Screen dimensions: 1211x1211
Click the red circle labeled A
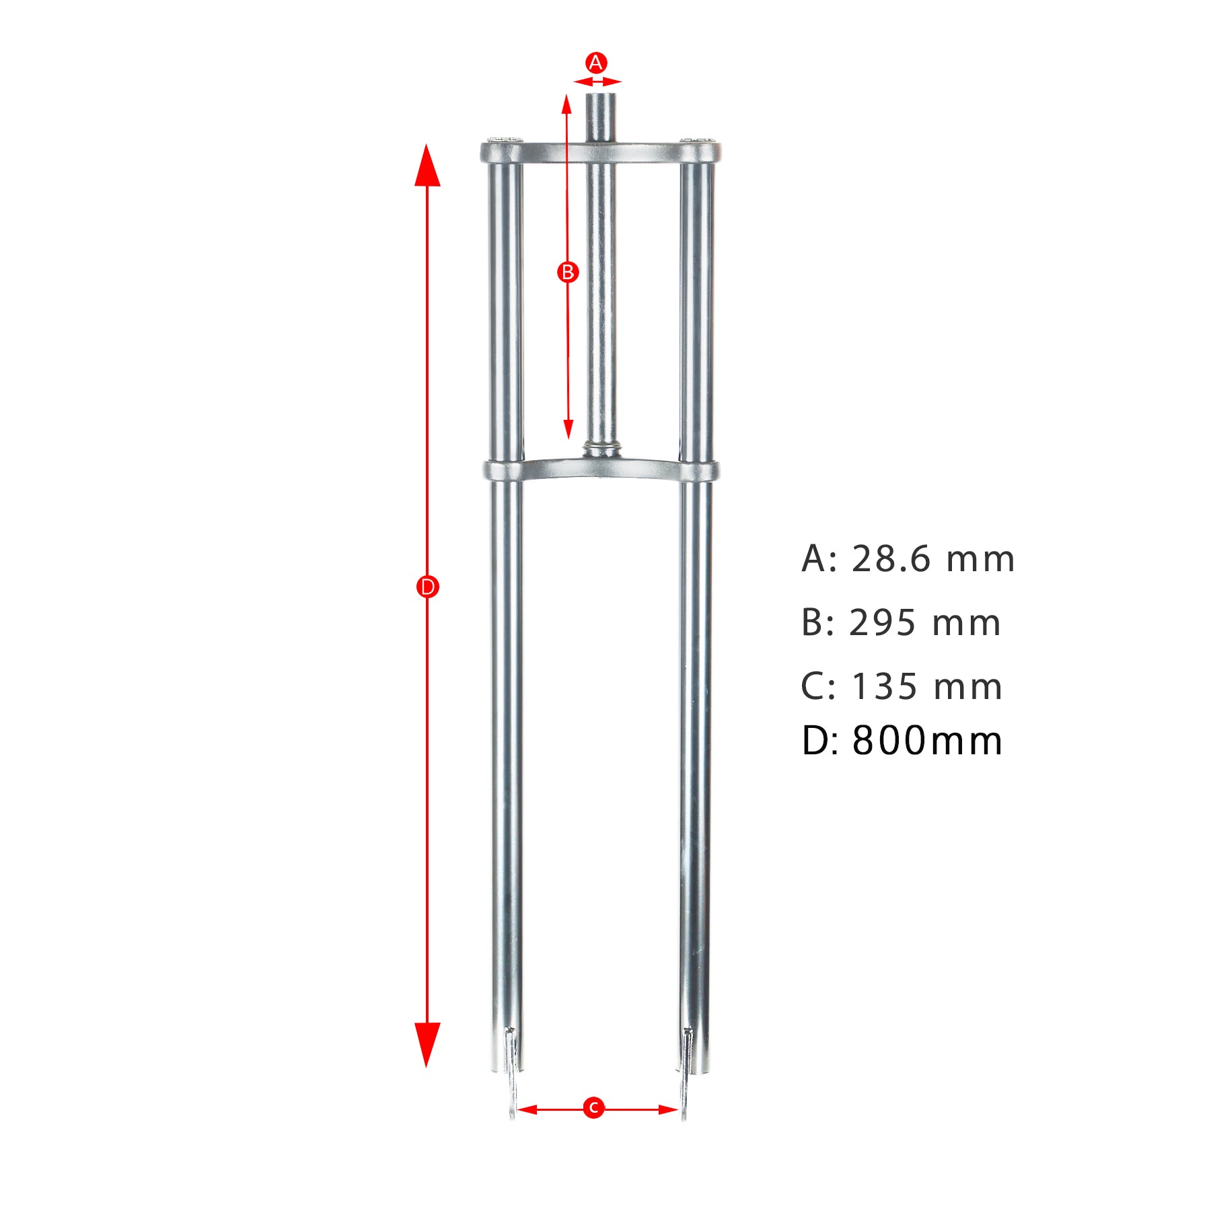(x=595, y=63)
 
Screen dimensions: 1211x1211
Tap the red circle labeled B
(x=568, y=272)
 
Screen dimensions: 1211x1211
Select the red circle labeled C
(x=593, y=1107)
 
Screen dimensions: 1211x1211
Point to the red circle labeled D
(x=427, y=587)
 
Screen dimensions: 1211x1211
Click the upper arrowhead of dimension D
(x=427, y=165)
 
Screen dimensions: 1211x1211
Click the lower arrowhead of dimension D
(x=427, y=1044)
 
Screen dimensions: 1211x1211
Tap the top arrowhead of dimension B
(x=566, y=104)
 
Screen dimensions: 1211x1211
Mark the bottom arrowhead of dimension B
(x=568, y=429)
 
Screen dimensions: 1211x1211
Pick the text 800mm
(x=926, y=741)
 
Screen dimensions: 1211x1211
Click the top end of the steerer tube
(x=601, y=96)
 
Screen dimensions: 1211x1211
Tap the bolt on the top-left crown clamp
(x=503, y=139)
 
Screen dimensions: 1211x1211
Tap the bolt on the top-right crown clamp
(x=698, y=139)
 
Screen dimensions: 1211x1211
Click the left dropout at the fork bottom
(x=513, y=1076)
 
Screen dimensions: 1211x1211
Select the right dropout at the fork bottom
(x=686, y=1076)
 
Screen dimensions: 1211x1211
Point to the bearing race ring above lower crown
(x=601, y=447)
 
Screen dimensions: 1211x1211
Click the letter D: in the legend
(x=820, y=741)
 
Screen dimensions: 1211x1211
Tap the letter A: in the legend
(x=819, y=559)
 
